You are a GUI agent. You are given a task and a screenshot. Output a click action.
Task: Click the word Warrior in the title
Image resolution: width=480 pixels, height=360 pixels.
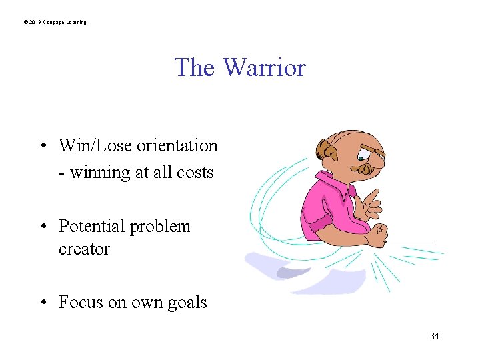[264, 67]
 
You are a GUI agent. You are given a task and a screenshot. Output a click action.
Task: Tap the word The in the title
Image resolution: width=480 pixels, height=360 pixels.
[195, 67]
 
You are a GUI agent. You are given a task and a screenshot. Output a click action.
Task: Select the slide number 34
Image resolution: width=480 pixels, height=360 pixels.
[434, 336]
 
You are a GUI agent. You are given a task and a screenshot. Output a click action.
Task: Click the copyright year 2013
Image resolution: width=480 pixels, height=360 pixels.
[34, 23]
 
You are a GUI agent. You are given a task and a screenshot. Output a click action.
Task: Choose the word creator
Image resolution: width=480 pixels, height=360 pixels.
[83, 249]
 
